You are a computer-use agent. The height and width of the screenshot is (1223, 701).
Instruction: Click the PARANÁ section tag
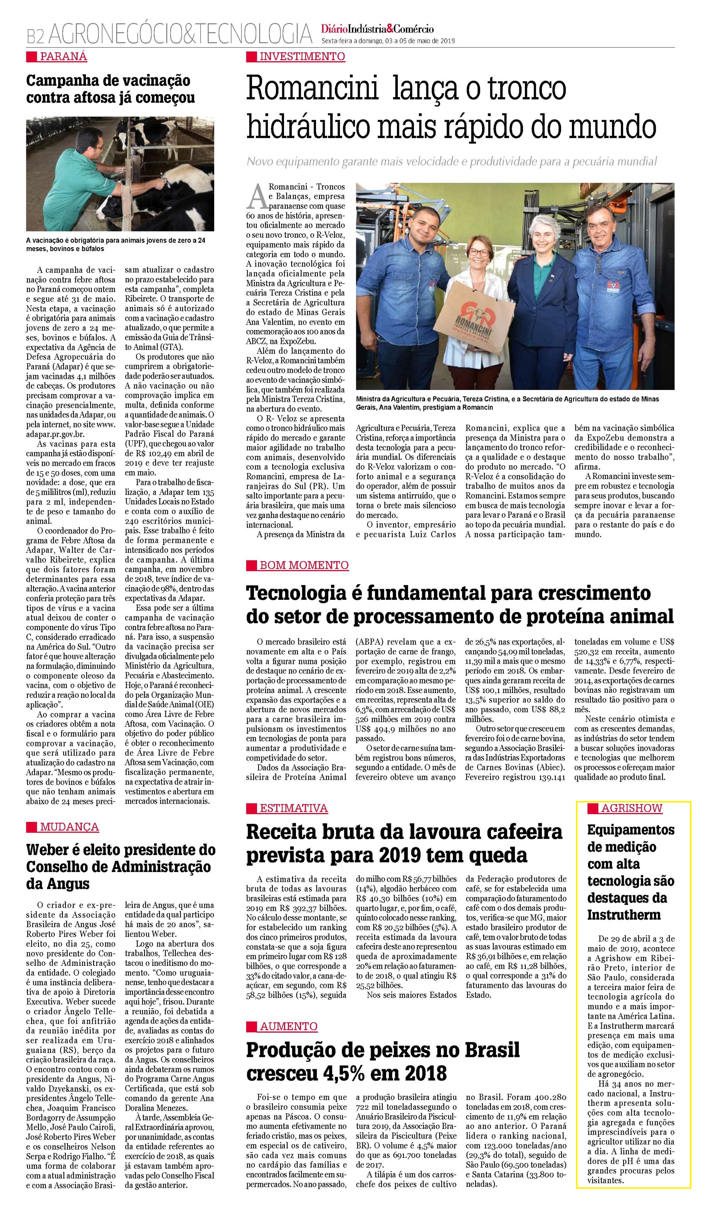[63, 56]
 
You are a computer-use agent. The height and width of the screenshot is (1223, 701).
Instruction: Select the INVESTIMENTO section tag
[302, 56]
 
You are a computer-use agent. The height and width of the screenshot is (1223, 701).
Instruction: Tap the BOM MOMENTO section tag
[304, 565]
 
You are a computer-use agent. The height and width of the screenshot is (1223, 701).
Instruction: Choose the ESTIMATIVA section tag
[293, 808]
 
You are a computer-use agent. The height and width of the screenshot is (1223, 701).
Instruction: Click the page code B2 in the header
[35, 35]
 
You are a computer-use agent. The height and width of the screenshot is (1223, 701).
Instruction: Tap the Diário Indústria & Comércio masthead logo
[377, 29]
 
